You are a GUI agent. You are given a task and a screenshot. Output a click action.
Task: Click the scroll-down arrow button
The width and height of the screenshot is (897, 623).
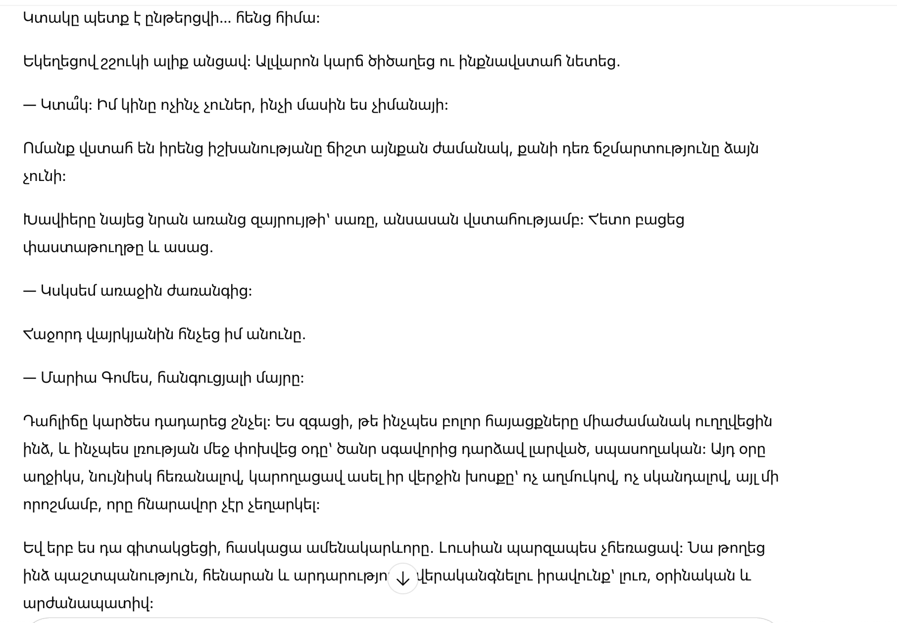402,578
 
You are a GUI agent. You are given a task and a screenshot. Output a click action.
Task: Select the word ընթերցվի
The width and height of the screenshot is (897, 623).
183,18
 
